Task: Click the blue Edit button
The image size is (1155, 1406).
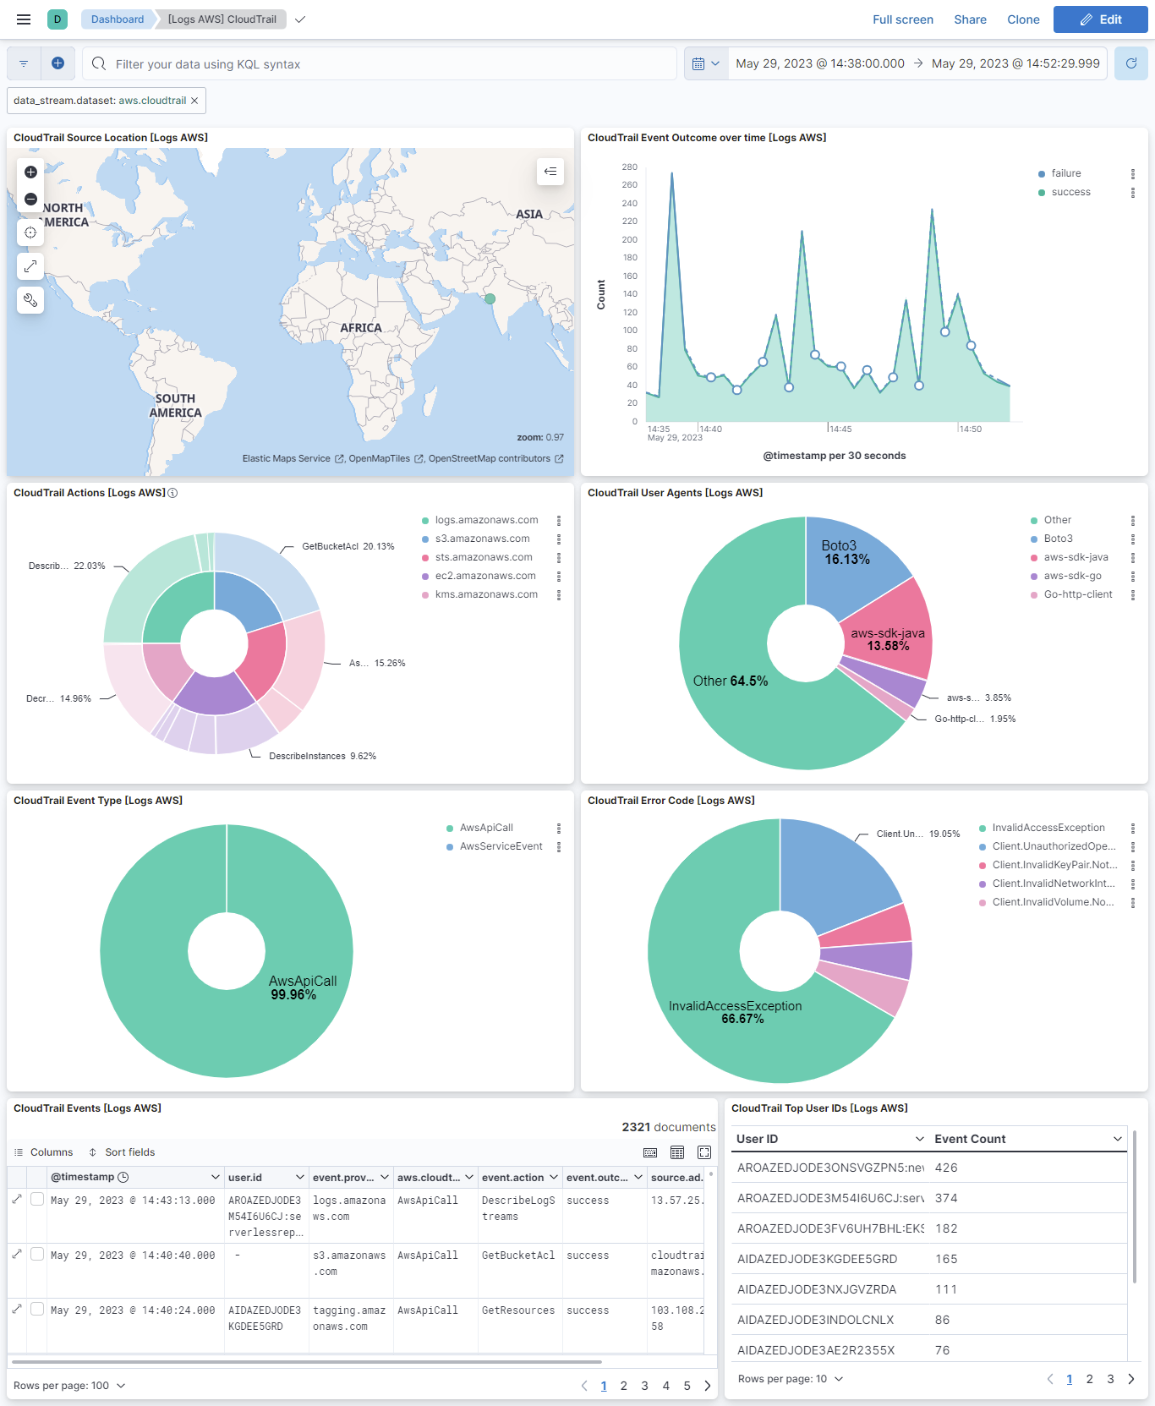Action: point(1100,19)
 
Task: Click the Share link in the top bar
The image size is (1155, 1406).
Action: point(970,19)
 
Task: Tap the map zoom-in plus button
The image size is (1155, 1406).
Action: point(30,172)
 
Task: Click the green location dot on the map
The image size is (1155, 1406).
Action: point(490,298)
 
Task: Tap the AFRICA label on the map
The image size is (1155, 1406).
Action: point(361,328)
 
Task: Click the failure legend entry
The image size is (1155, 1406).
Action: point(1065,173)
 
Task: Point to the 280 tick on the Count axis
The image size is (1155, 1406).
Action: point(629,167)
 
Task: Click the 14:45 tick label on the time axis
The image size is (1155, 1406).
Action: point(840,429)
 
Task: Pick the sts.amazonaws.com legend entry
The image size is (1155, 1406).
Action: point(484,557)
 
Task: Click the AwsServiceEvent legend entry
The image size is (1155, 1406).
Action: point(501,846)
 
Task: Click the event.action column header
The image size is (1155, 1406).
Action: point(512,1177)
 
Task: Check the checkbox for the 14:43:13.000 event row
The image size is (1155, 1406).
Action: point(37,1199)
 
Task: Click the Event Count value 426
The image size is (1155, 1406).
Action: point(946,1168)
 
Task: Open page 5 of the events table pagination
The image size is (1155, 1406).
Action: point(687,1386)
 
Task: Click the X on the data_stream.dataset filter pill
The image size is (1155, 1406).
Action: point(194,101)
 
